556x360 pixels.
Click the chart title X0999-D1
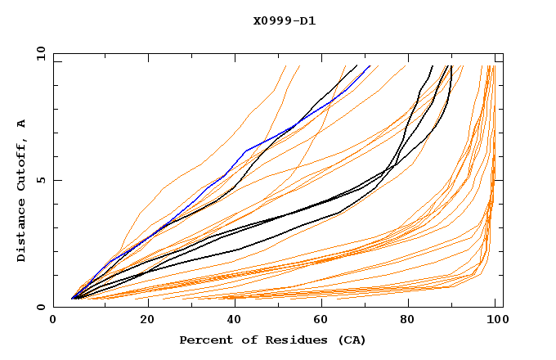coord(285,21)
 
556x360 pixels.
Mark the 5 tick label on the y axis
coord(41,180)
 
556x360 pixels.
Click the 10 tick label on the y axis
coord(38,53)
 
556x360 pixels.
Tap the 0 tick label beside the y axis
coord(41,307)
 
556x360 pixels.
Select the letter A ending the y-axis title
coord(21,124)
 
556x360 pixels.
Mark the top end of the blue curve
coord(370,66)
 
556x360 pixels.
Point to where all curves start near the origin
coord(73,298)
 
